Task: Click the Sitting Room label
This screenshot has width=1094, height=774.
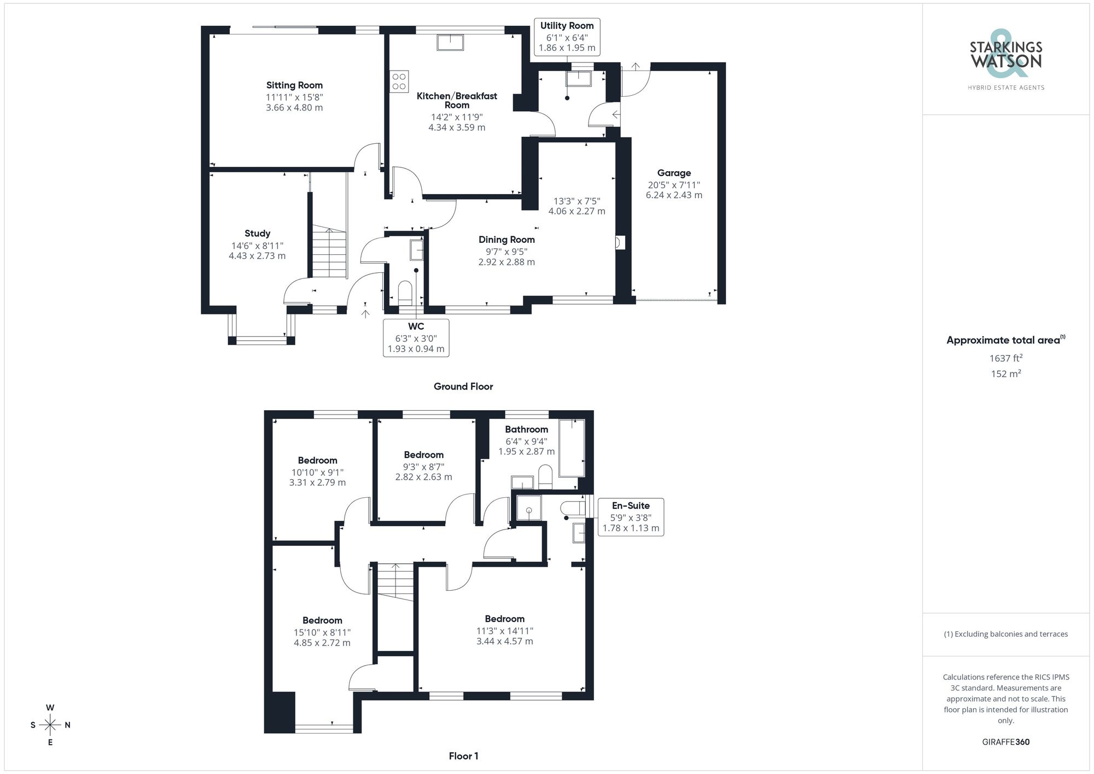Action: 294,85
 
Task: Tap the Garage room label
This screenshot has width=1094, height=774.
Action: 674,173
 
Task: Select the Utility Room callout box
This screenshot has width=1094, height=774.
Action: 567,37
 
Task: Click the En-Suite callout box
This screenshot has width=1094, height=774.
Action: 631,517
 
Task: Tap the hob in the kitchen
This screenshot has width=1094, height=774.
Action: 399,82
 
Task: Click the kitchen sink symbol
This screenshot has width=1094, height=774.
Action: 450,42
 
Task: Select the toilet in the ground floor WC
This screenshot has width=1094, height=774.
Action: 405,291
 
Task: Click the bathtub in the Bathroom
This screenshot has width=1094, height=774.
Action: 572,447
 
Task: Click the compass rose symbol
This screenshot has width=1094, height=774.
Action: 50,725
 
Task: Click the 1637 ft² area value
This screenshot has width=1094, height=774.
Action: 1005,359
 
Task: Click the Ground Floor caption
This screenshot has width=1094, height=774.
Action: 463,387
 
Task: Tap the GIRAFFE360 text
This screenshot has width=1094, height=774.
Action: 1005,742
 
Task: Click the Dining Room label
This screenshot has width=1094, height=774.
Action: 507,240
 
